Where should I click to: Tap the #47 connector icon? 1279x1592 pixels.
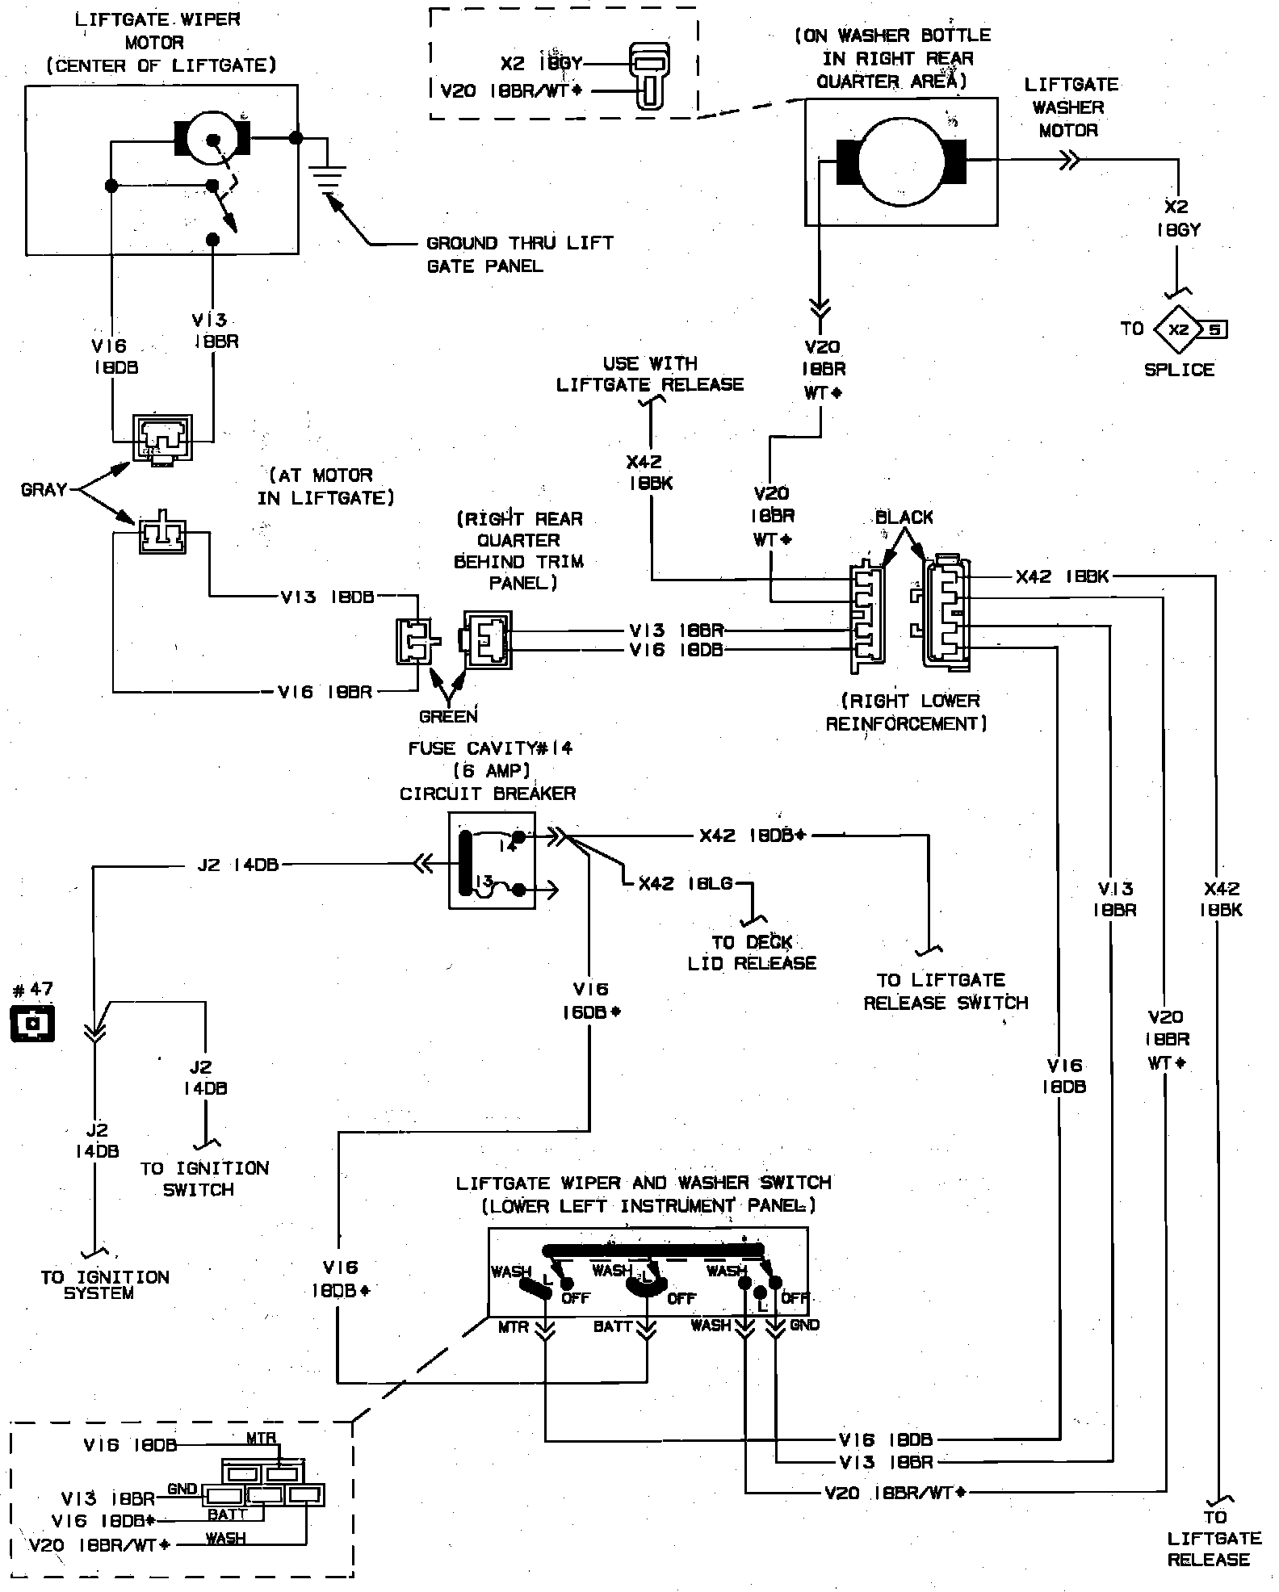click(x=33, y=1023)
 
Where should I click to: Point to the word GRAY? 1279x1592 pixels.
click(x=44, y=490)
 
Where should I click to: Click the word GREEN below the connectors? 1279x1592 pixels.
click(x=448, y=716)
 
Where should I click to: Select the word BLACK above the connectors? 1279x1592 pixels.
click(x=904, y=517)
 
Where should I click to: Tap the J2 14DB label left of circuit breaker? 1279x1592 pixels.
click(x=238, y=865)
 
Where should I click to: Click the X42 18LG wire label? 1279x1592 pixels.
click(x=686, y=884)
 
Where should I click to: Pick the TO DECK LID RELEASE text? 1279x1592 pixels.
click(x=752, y=953)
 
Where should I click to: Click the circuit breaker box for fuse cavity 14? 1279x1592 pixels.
click(x=491, y=861)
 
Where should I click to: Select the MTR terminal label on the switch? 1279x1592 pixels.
click(x=514, y=1326)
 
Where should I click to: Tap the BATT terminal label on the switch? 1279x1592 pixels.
click(x=613, y=1326)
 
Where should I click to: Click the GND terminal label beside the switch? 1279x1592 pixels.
click(x=804, y=1325)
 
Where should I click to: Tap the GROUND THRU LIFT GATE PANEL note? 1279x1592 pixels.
click(x=519, y=254)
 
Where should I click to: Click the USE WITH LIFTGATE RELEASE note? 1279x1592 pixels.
click(x=650, y=374)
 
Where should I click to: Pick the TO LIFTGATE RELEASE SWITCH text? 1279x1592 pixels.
click(x=946, y=991)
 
